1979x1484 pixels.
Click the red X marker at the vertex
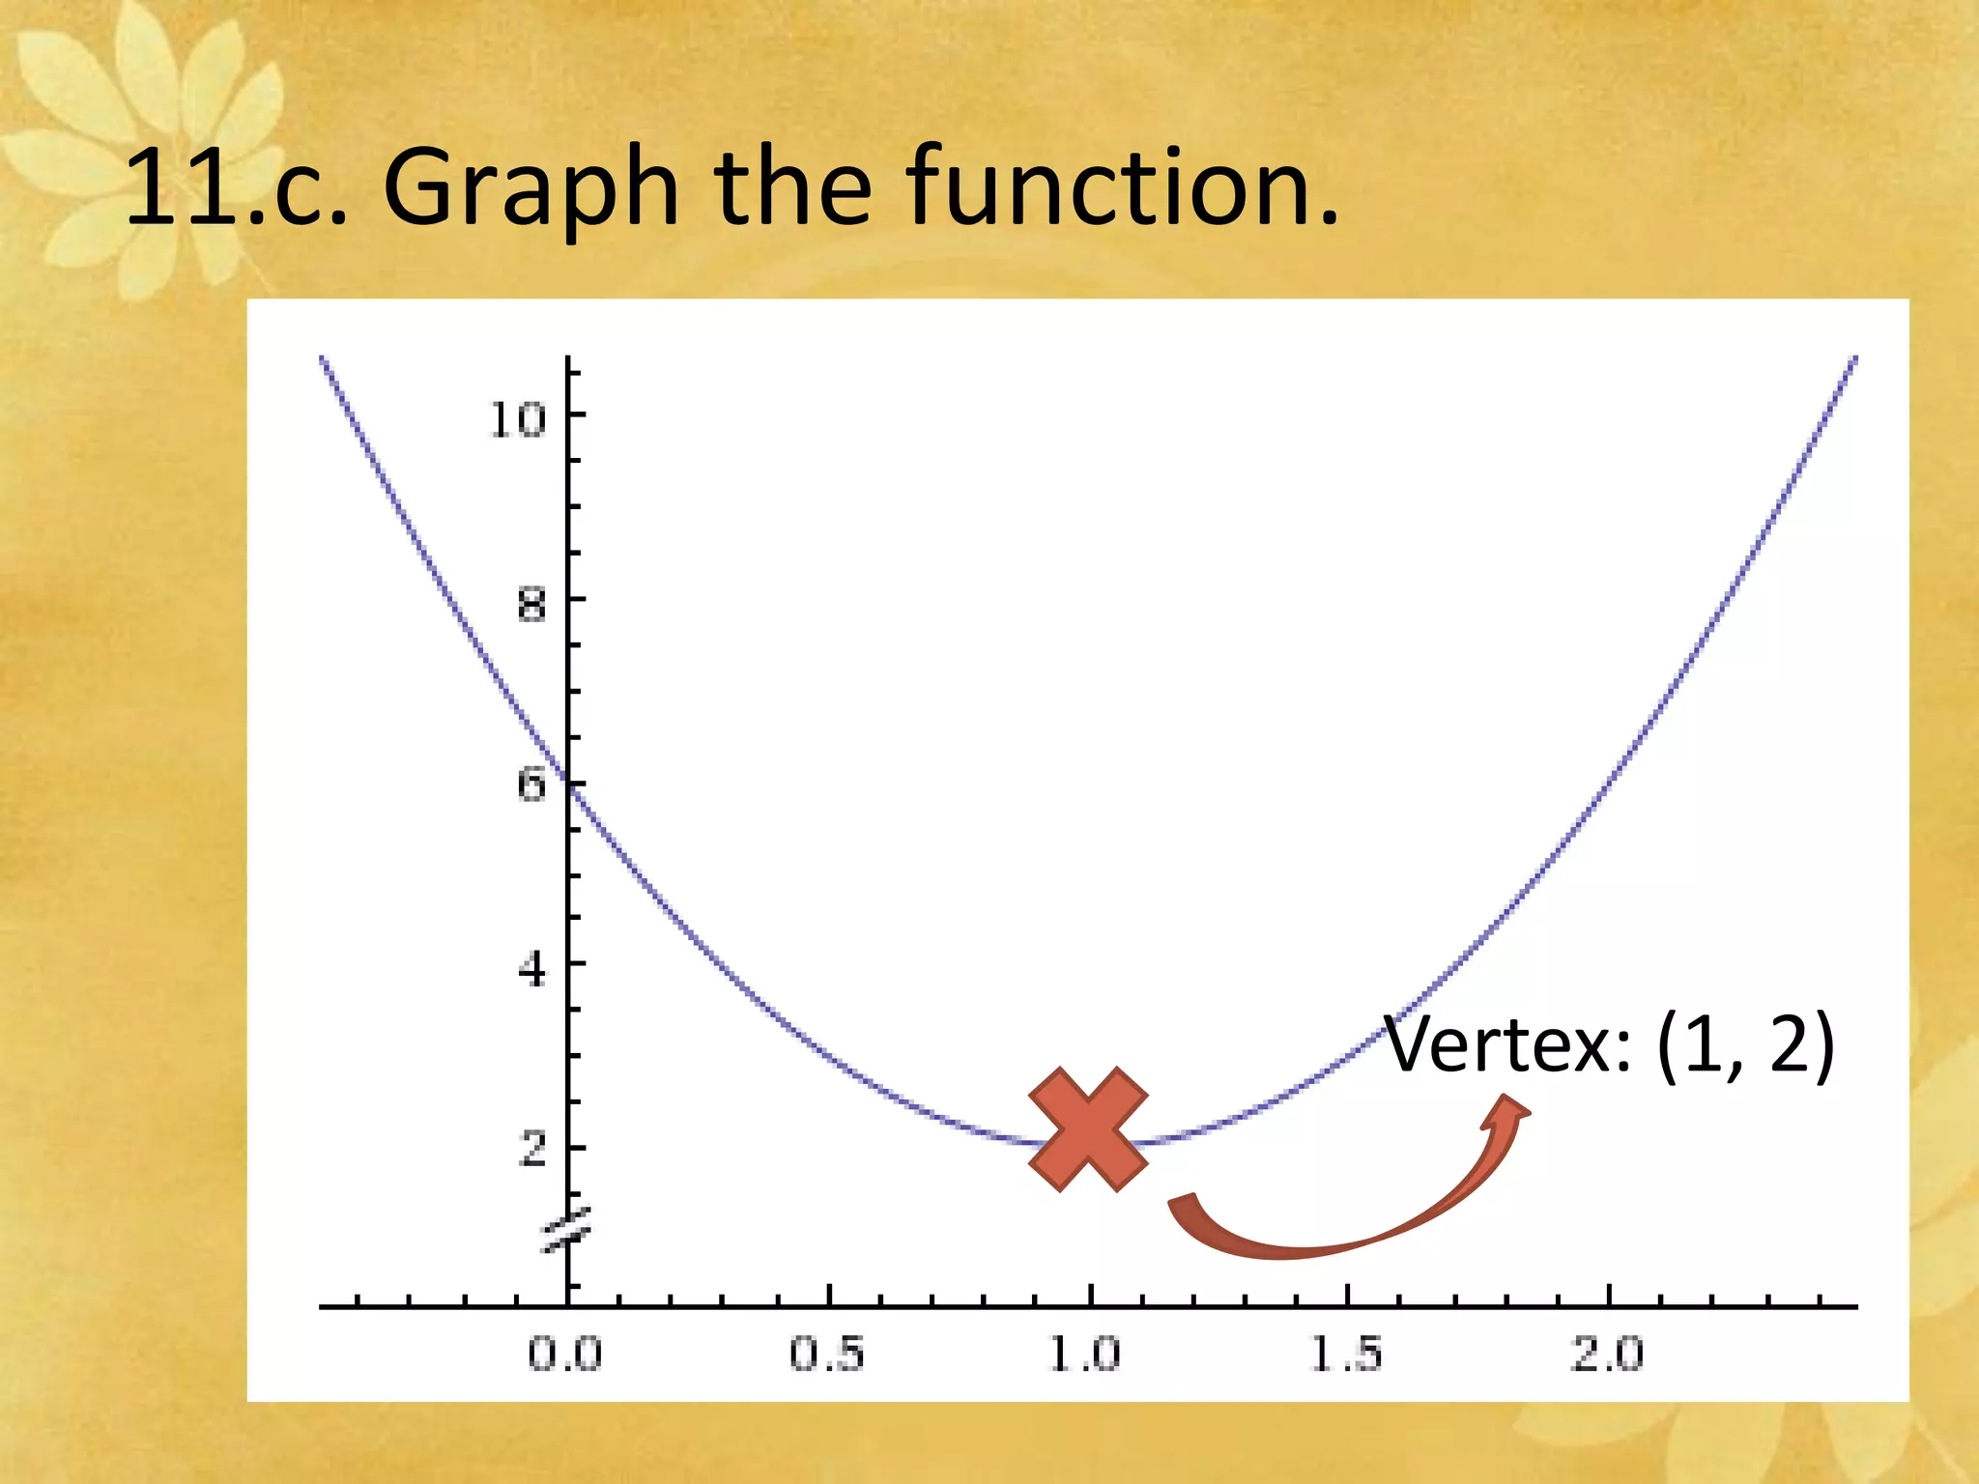(x=1088, y=1129)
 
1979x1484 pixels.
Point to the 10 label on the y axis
(x=518, y=419)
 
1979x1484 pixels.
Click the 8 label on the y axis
(x=531, y=606)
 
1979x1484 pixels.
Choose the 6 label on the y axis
(x=531, y=784)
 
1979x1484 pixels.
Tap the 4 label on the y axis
(x=531, y=968)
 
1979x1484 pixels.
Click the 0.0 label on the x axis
(x=565, y=1355)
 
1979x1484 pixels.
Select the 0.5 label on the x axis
(x=827, y=1355)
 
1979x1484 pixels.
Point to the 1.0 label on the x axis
(x=1086, y=1355)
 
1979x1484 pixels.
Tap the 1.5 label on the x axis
(x=1347, y=1355)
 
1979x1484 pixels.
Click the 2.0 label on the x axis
(x=1607, y=1355)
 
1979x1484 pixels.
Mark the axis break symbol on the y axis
(x=567, y=1230)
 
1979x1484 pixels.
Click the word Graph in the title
(x=531, y=188)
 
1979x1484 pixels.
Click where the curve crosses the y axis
(x=569, y=788)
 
